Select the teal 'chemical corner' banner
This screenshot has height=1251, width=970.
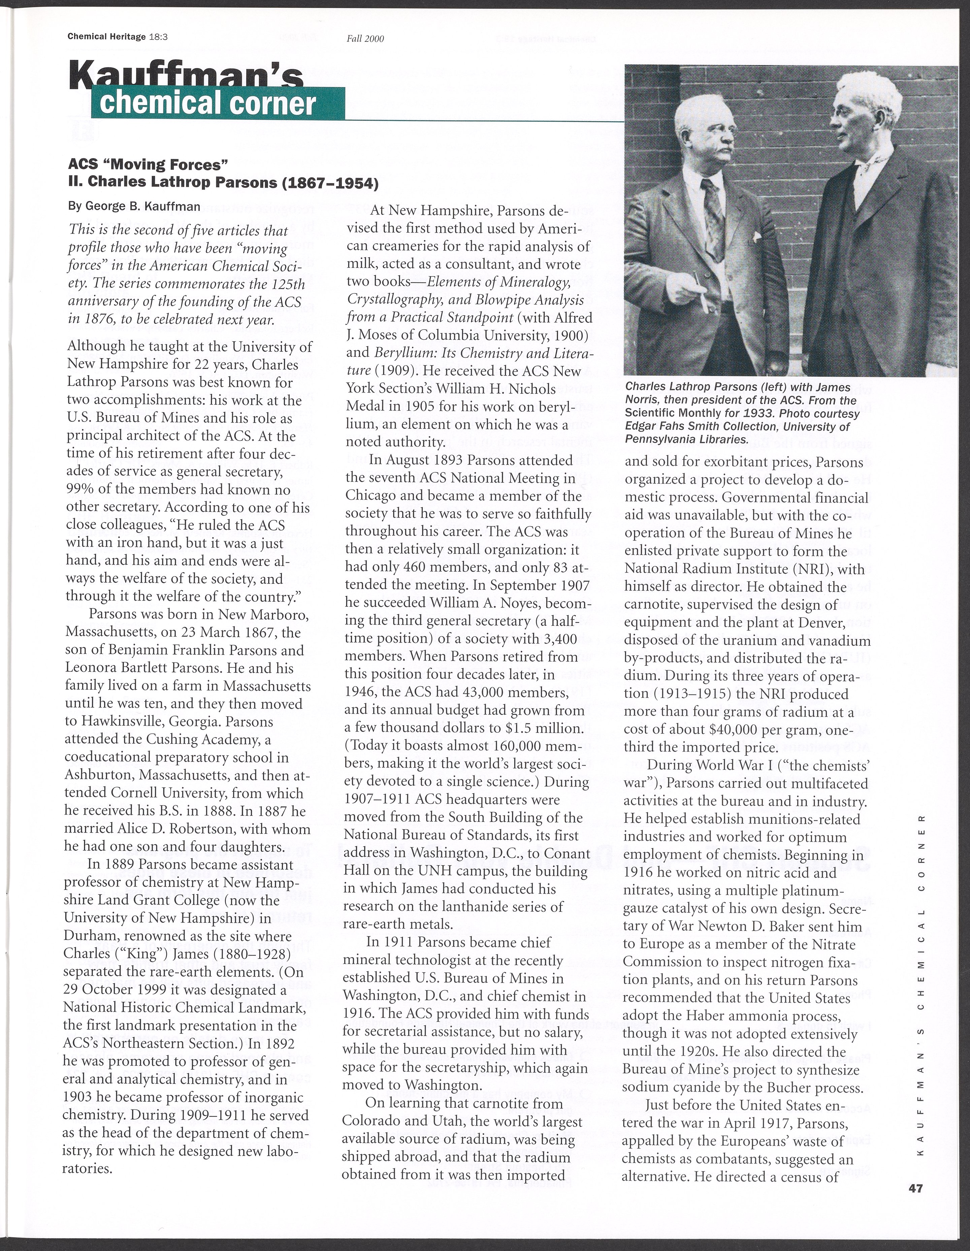pyautogui.click(x=218, y=104)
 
